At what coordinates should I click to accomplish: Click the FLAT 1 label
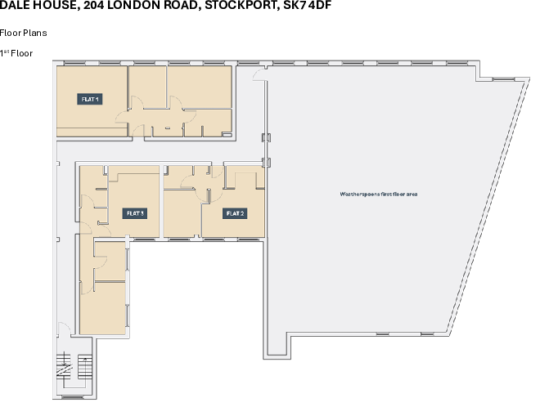[90, 99]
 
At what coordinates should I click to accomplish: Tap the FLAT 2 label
[235, 213]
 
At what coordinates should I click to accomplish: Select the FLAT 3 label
[135, 213]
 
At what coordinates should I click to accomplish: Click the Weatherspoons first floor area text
[379, 194]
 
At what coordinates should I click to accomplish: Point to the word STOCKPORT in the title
[242, 6]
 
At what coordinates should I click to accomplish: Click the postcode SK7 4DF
[307, 5]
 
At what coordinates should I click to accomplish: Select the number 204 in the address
[93, 5]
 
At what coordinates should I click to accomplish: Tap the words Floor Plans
[24, 33]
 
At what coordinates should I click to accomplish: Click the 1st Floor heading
[16, 53]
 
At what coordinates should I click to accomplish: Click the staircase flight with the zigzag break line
[65, 367]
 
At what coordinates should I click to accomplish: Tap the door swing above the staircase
[65, 328]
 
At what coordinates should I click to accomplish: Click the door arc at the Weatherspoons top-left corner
[259, 74]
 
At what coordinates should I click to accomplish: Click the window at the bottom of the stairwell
[73, 397]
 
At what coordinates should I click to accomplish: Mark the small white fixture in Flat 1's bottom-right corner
[227, 135]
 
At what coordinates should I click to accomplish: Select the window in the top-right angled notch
[503, 79]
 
